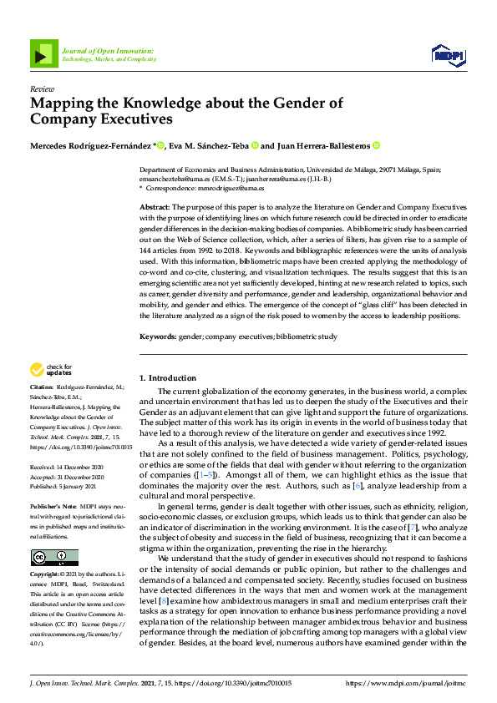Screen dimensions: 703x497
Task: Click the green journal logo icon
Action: pyautogui.click(x=40, y=54)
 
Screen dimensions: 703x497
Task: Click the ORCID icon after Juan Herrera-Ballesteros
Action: pyautogui.click(x=377, y=145)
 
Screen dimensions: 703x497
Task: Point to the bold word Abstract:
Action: pyautogui.click(x=155, y=206)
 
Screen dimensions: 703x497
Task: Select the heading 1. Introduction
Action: pyautogui.click(x=167, y=378)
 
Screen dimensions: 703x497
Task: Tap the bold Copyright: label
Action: pyautogui.click(x=46, y=576)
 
